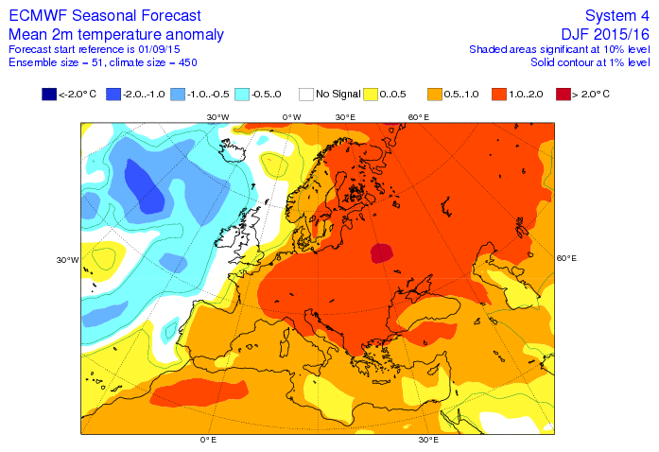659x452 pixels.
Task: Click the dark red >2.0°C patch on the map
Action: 381,253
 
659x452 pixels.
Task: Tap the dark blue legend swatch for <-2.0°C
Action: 49,95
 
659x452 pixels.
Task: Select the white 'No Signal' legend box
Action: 307,95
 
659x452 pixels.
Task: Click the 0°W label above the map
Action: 291,116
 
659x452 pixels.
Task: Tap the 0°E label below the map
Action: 208,441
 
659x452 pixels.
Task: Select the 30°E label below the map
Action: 428,441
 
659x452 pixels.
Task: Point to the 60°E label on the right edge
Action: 566,258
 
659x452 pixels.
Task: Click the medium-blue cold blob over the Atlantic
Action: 147,186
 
